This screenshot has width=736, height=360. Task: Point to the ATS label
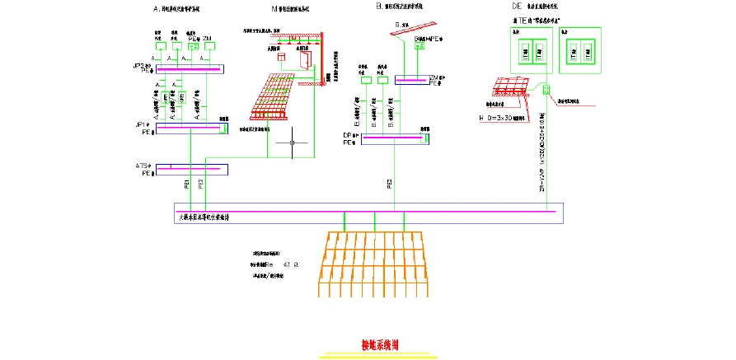tap(142, 166)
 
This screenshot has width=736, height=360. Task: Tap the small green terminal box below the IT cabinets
tap(545, 88)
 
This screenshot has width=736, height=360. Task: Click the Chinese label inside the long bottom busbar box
tap(209, 217)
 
